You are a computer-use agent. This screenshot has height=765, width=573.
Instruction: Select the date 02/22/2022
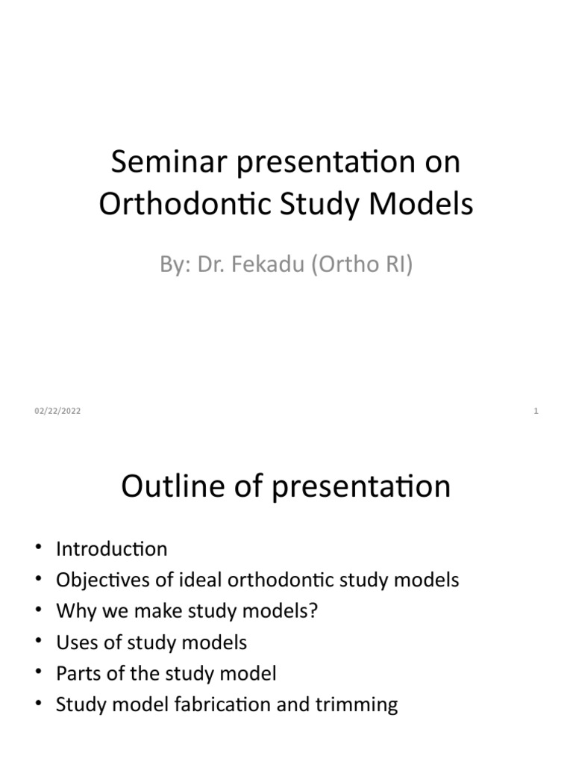click(57, 411)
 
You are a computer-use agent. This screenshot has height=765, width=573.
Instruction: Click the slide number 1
click(536, 411)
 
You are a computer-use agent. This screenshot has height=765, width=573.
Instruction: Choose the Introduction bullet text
click(112, 549)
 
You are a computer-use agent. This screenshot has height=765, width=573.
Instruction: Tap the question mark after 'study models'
click(313, 611)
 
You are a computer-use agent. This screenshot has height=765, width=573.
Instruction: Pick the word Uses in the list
click(74, 642)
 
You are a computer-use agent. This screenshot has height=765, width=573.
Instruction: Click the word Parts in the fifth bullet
click(76, 674)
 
